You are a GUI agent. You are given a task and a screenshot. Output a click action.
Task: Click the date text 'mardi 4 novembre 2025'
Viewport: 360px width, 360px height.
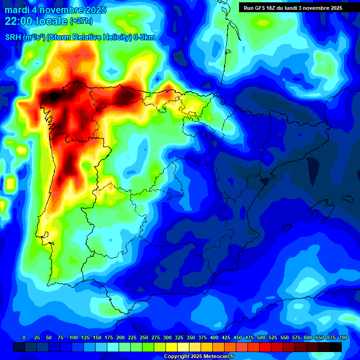[x=55, y=10]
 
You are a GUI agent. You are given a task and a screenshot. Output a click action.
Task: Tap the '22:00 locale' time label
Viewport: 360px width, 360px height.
[x=36, y=21]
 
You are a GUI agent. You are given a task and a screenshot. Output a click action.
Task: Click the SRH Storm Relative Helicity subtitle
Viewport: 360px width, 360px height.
[x=80, y=37]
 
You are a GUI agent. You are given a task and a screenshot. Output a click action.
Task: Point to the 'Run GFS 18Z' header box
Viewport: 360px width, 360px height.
[x=293, y=8]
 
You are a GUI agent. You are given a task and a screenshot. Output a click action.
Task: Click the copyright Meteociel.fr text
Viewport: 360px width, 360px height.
[x=199, y=357]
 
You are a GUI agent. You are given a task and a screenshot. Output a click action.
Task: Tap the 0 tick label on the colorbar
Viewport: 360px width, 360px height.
[x=24, y=337]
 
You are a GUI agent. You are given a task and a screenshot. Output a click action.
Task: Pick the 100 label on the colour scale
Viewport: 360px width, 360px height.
[x=74, y=337]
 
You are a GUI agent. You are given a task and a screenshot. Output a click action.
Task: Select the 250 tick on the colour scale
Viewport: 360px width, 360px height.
[x=144, y=337]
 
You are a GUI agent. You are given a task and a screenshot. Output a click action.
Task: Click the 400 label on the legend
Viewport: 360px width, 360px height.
[x=214, y=337]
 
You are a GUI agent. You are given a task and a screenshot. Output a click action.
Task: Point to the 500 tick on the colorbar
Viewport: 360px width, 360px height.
[x=261, y=337]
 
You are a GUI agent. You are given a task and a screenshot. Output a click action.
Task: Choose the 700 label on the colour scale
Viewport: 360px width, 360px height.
[x=343, y=337]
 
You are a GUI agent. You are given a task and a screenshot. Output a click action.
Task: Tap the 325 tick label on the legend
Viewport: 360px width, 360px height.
[x=179, y=337]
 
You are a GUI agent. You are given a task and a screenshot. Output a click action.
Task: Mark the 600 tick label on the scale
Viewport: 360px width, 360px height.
[x=308, y=337]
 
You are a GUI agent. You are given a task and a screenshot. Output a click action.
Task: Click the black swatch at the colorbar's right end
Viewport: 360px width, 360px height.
[x=336, y=347]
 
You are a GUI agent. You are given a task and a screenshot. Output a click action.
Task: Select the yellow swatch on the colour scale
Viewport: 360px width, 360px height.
[x=172, y=347]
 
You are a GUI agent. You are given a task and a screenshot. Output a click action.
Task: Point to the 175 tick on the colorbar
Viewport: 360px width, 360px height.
[x=109, y=337]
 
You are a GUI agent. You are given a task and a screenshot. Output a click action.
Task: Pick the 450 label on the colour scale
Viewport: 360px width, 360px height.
[x=238, y=337]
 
